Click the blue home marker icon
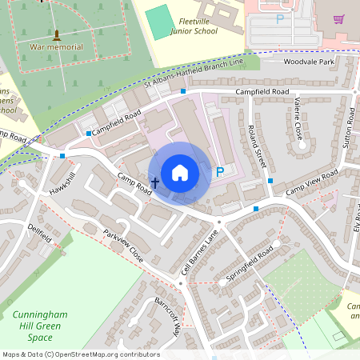[180, 172]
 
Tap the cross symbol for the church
[154, 183]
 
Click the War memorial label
[56, 47]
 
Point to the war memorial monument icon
[56, 35]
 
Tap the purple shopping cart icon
[338, 18]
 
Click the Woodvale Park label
[309, 62]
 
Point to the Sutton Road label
[349, 127]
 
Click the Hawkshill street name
[61, 185]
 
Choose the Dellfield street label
[39, 234]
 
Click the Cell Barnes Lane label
[198, 253]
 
